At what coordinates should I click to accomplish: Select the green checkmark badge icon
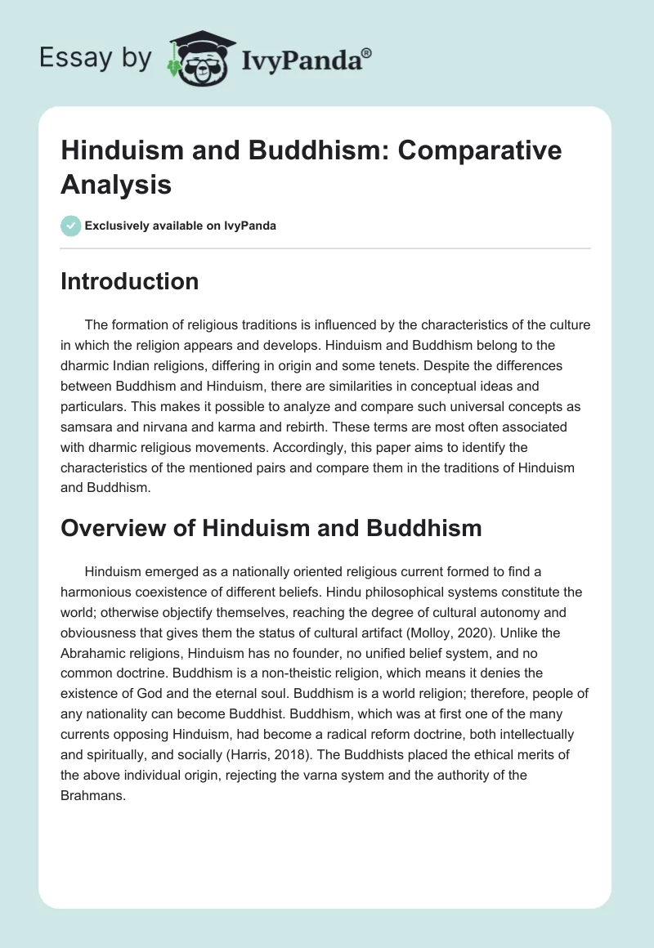coord(70,226)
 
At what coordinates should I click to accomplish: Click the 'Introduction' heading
coord(130,282)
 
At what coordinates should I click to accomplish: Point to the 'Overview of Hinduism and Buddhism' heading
coord(271,529)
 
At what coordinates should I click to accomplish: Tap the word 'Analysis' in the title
coord(115,185)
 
